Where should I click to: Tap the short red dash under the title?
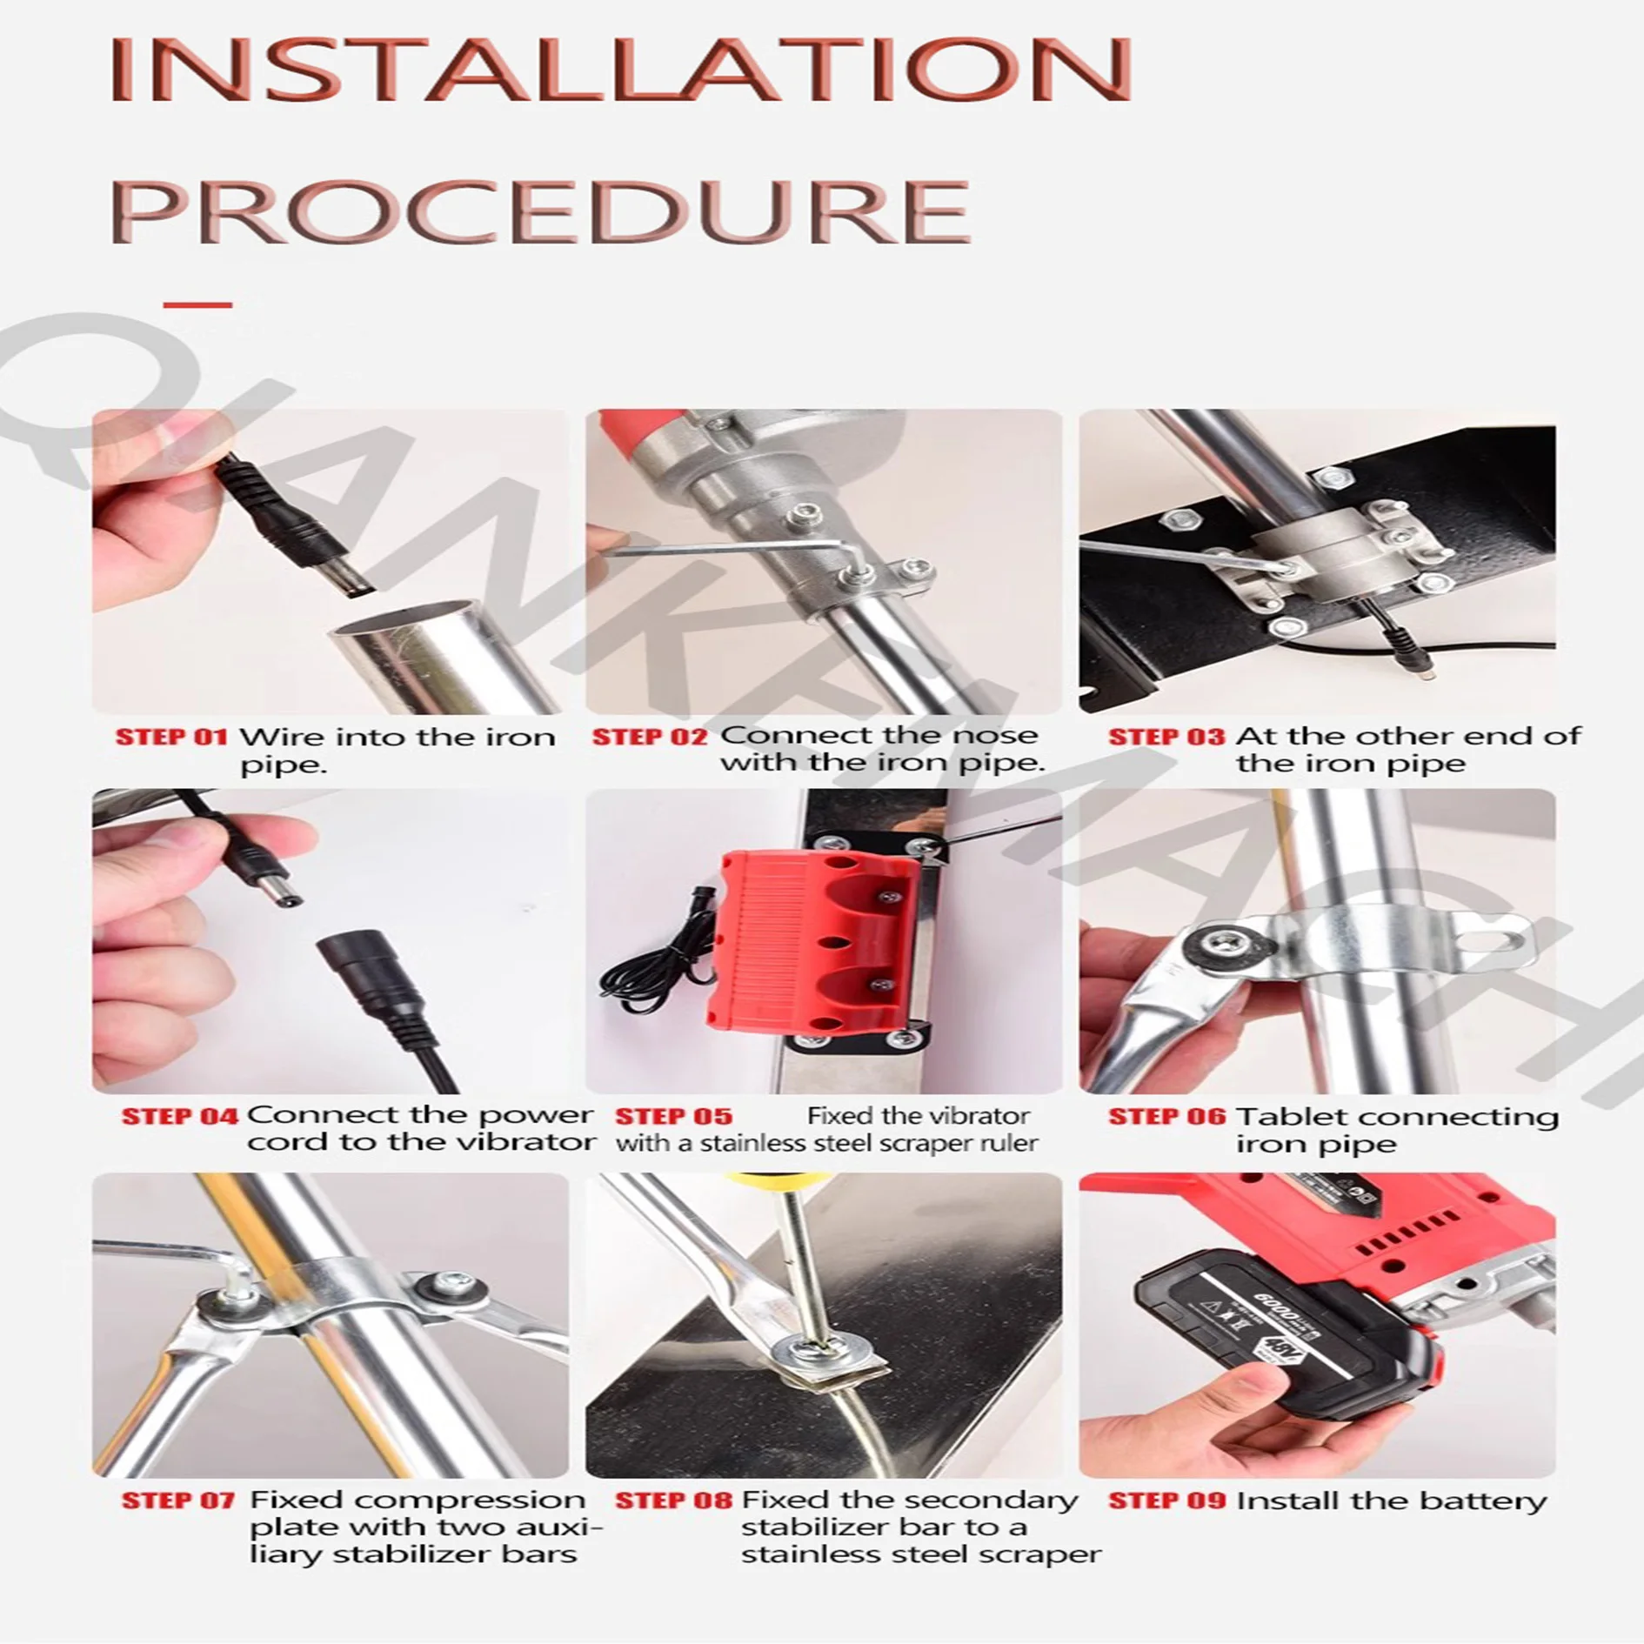(197, 304)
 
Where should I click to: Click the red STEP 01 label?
(171, 738)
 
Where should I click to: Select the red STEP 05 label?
(673, 1117)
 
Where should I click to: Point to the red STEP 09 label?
(1166, 1501)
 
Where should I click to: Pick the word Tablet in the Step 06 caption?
(1278, 1117)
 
